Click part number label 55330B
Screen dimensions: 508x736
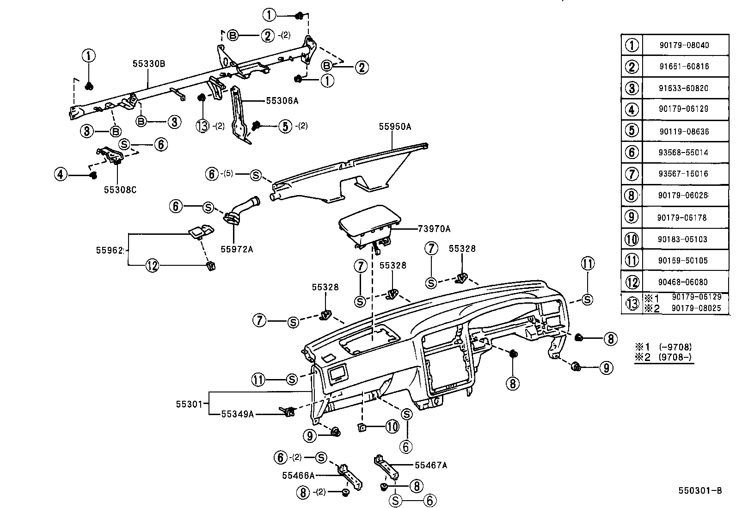tap(148, 64)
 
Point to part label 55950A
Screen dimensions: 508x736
tap(395, 126)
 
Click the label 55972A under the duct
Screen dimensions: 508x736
tap(237, 249)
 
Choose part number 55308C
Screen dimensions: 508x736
tap(120, 190)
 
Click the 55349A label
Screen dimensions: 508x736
tap(237, 414)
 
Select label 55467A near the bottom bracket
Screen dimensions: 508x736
tap(431, 465)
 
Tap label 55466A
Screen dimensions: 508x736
tap(298, 475)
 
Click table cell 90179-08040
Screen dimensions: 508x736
tap(684, 45)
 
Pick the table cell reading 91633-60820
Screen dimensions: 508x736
tap(684, 88)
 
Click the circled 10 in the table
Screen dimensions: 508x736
tap(632, 239)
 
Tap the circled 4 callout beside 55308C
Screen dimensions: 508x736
tap(61, 175)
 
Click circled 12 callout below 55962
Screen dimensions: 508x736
tap(152, 265)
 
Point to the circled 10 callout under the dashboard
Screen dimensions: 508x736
tap(392, 426)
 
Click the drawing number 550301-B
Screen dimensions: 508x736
tap(700, 491)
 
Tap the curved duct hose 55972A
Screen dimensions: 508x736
tap(243, 209)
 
